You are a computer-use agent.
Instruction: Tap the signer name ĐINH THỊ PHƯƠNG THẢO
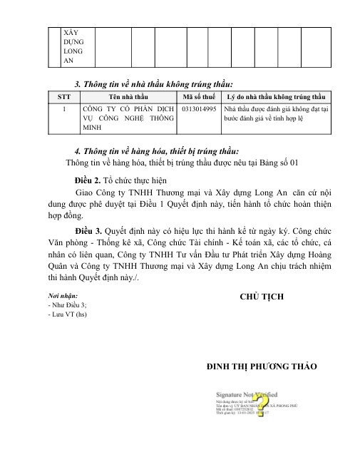pos(262,366)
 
